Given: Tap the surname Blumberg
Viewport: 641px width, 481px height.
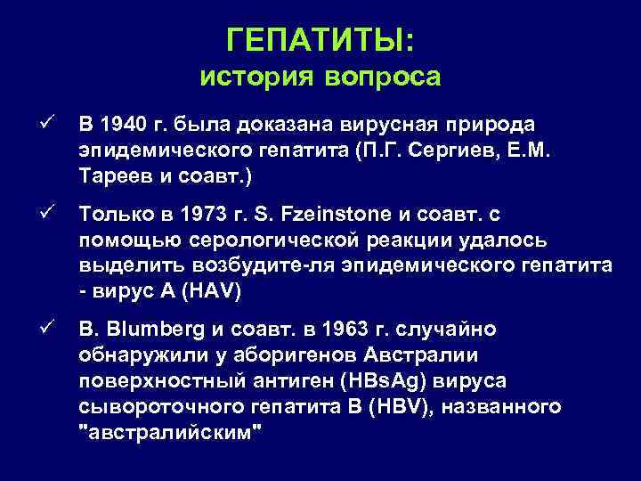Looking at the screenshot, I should click(x=152, y=330).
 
